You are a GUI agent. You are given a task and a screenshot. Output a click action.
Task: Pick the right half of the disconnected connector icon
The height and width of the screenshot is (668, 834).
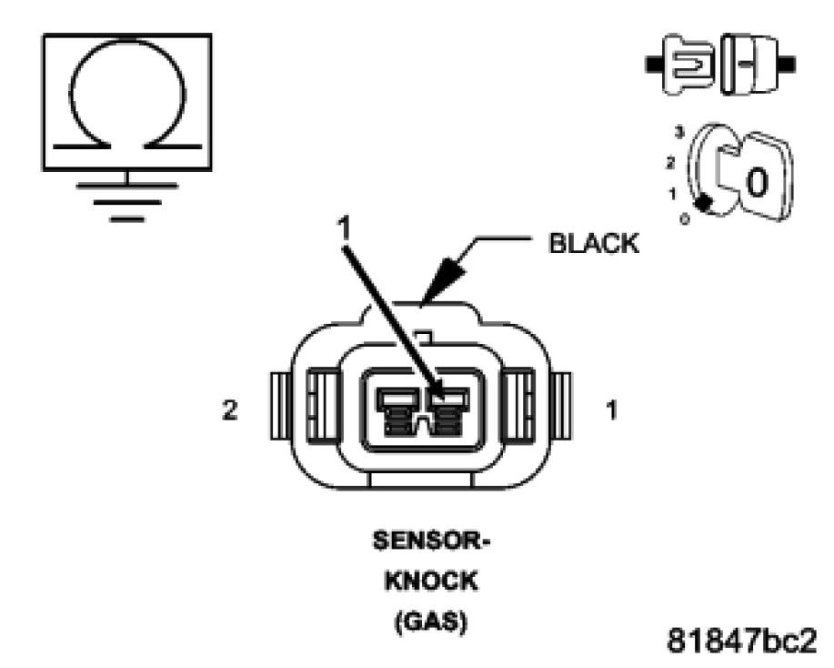point(754,65)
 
